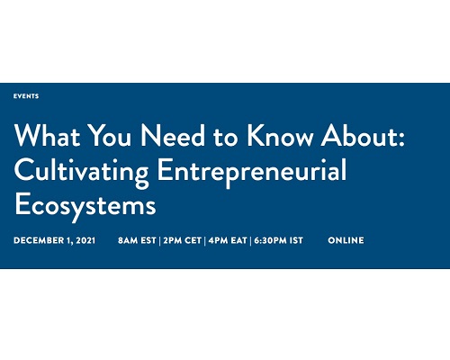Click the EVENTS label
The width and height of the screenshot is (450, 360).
click(x=26, y=96)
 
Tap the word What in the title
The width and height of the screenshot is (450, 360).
click(x=47, y=135)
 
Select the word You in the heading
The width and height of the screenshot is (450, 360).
click(x=111, y=135)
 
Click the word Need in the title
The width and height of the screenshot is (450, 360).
click(x=173, y=135)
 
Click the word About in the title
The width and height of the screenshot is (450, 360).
click(x=359, y=135)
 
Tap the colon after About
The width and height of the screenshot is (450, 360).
click(x=401, y=139)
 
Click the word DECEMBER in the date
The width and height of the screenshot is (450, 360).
click(x=39, y=240)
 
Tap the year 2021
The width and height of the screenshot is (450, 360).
click(x=85, y=240)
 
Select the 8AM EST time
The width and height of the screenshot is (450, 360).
click(x=137, y=240)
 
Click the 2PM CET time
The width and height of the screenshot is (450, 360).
click(x=183, y=240)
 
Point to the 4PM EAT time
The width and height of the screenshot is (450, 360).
click(x=228, y=240)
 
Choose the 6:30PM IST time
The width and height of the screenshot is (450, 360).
click(x=279, y=240)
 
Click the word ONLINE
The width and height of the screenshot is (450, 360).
click(x=346, y=240)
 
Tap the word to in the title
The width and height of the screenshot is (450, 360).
click(x=226, y=137)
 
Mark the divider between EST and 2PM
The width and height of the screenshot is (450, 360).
click(x=159, y=240)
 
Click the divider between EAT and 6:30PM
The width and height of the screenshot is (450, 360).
click(x=250, y=240)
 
